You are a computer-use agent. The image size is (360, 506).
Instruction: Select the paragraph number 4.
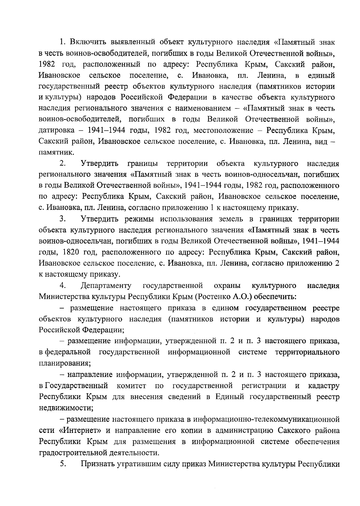click(62, 285)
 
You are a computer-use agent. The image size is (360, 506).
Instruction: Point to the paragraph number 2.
click(62, 164)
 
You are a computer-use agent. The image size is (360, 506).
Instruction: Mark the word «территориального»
click(307, 352)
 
